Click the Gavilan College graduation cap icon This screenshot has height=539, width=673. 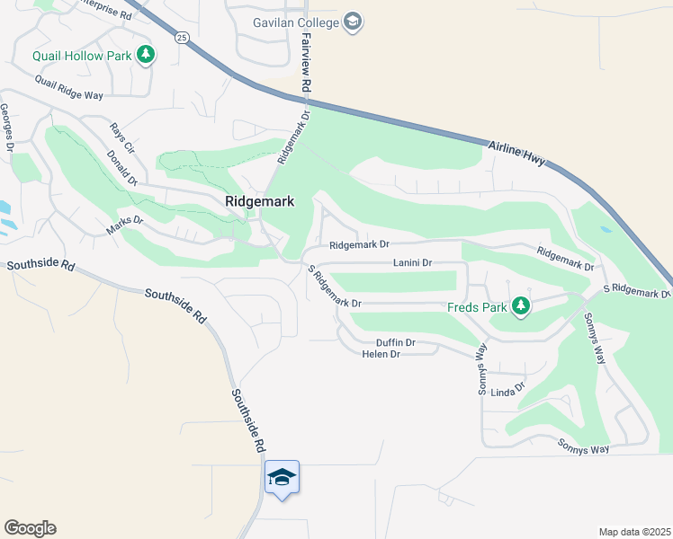coord(354,22)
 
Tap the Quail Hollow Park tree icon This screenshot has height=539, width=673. coord(146,56)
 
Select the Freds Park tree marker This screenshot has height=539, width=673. coord(520,307)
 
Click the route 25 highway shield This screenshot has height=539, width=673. coord(182,38)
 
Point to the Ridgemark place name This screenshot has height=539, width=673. coord(259,202)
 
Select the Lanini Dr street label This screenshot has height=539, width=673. coord(413,263)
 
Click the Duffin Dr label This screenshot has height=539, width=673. coord(396,342)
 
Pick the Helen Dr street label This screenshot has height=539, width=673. coord(380,355)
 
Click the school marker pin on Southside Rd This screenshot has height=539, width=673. coord(282,478)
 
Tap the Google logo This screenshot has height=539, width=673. coord(30,528)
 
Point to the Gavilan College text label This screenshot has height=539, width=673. coord(299,22)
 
